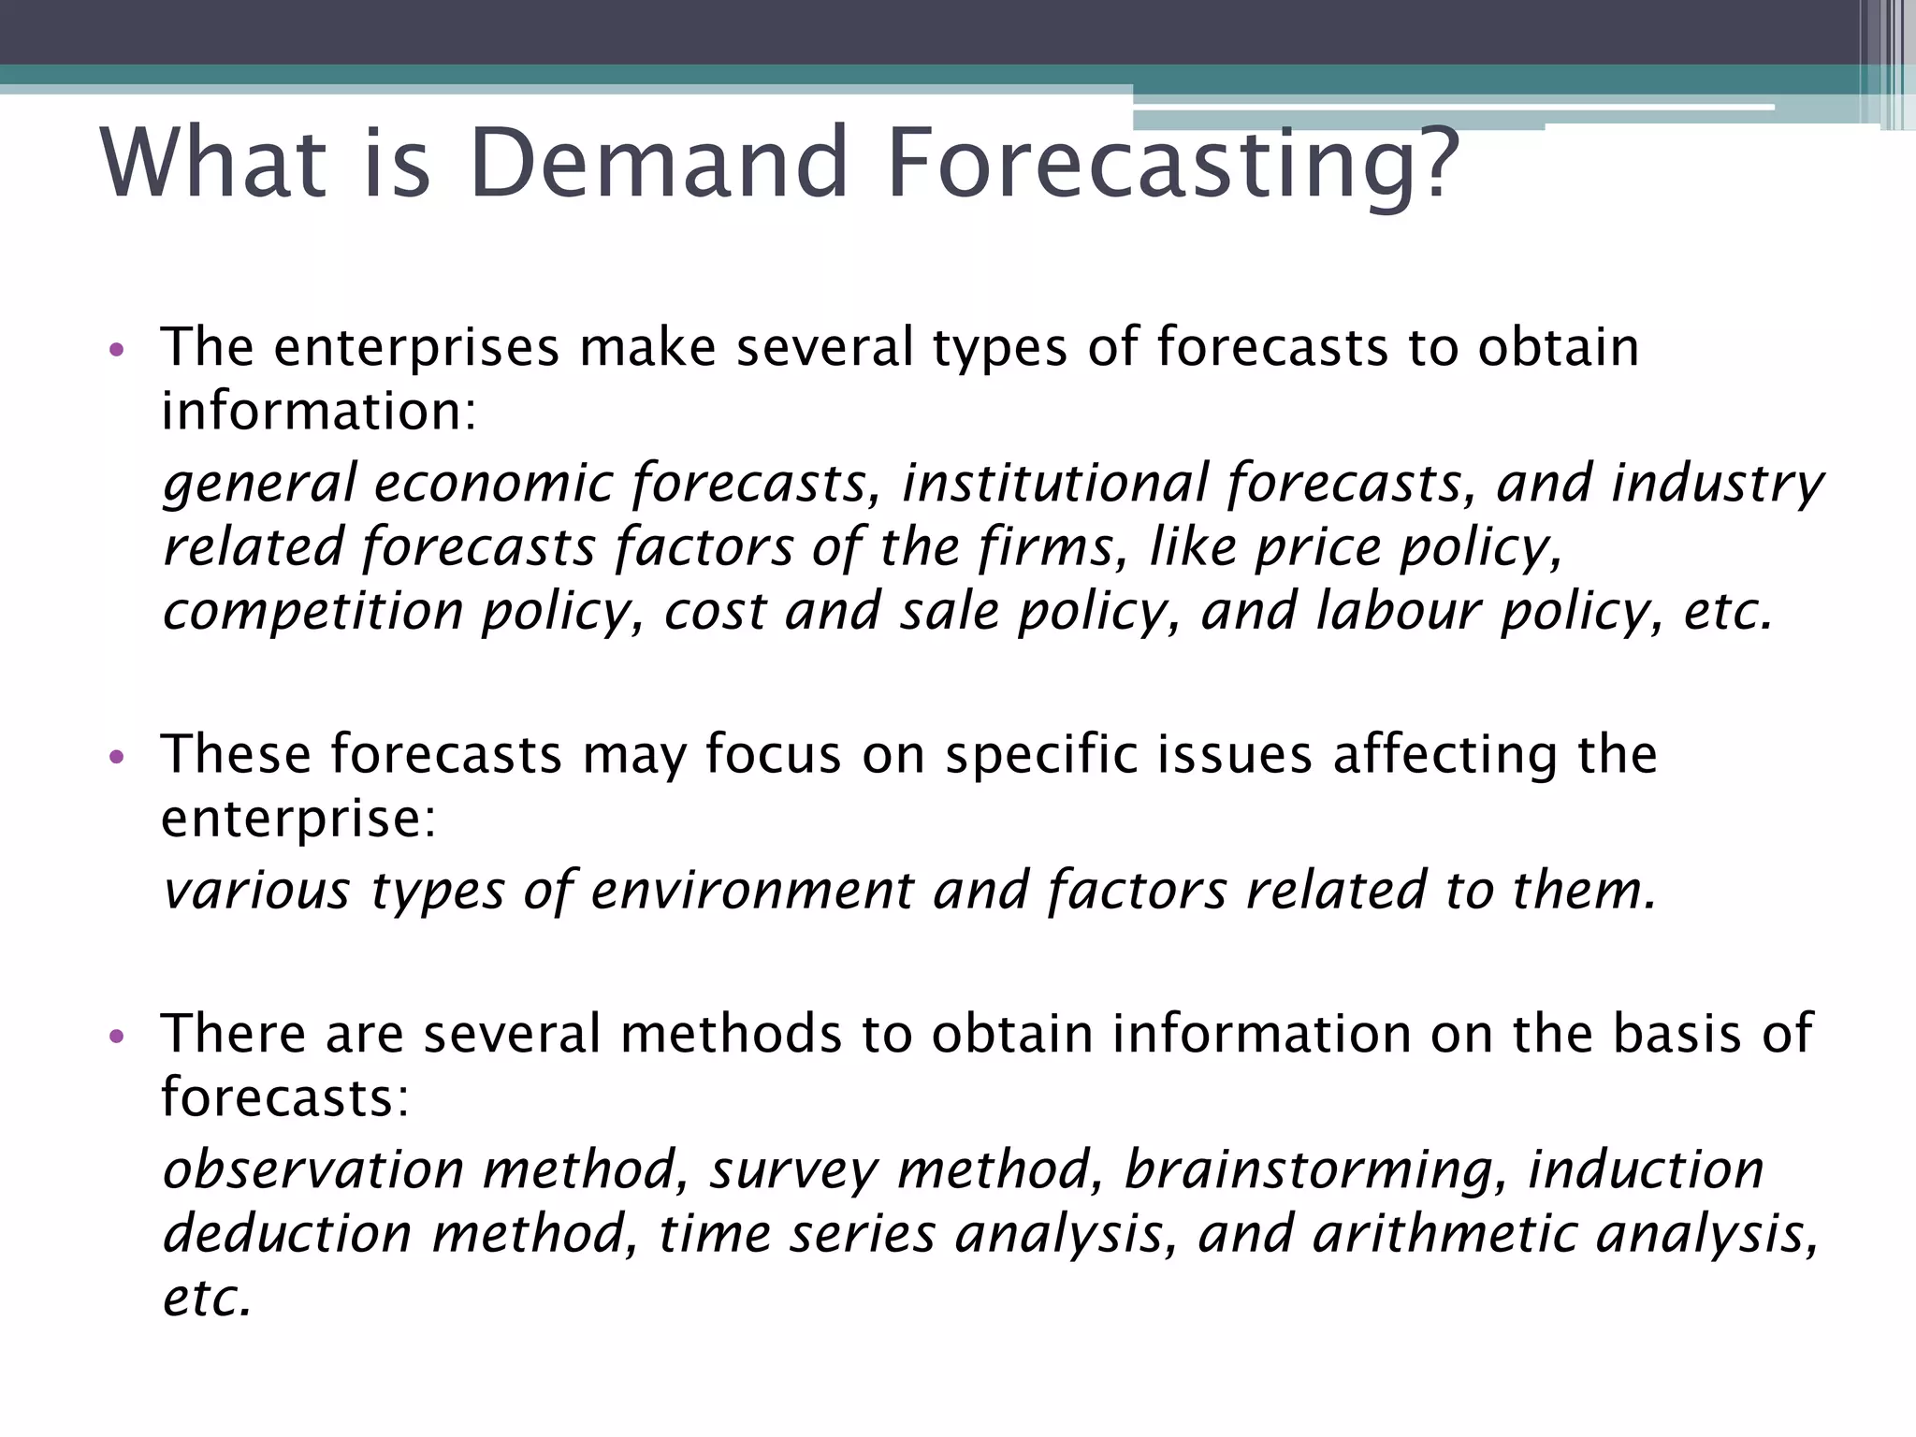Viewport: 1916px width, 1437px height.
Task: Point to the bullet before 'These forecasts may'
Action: (x=116, y=757)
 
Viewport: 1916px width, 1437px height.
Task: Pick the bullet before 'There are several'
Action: (x=116, y=1037)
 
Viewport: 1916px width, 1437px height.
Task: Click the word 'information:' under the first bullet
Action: (x=319, y=412)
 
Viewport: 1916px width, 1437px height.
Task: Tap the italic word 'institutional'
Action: (x=1055, y=484)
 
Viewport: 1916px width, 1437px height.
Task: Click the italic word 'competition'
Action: (x=312, y=613)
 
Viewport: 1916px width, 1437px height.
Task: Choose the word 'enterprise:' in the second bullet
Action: (x=298, y=820)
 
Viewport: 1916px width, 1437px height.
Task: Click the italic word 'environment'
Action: (x=751, y=890)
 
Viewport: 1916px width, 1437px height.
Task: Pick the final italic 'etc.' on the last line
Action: (x=207, y=1299)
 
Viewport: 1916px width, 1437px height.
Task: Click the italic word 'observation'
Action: (x=313, y=1169)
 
